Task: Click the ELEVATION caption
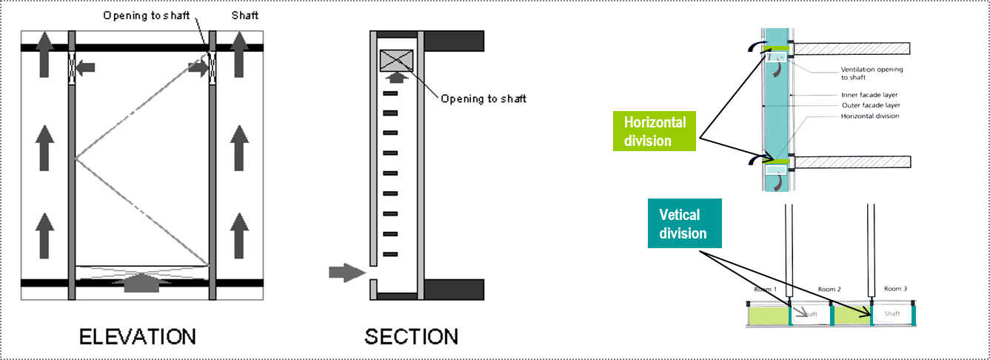(x=138, y=336)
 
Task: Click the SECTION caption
(x=412, y=336)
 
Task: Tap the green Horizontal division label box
(x=655, y=131)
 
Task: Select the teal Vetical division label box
(x=685, y=224)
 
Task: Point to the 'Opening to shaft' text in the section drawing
(x=483, y=99)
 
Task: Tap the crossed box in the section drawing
(x=397, y=60)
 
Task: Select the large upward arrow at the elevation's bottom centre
(x=141, y=282)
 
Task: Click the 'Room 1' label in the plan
(x=765, y=289)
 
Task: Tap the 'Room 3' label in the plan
(x=894, y=288)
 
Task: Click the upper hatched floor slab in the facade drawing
(x=851, y=49)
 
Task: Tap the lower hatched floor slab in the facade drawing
(x=851, y=161)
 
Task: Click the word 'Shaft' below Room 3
(x=892, y=313)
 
